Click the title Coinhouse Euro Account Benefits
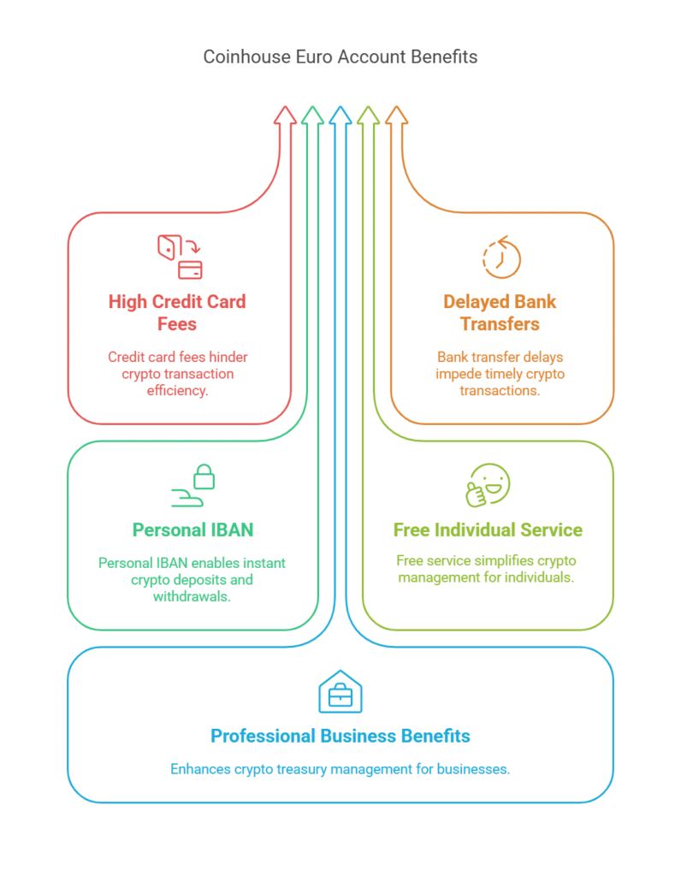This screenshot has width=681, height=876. tap(340, 57)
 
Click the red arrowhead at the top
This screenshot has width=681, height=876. tap(286, 115)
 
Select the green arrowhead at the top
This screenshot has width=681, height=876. tap(313, 115)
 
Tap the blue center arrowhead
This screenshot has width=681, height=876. tap(340, 115)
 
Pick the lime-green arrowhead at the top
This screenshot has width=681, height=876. tap(368, 115)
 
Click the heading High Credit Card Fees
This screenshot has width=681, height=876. tap(177, 313)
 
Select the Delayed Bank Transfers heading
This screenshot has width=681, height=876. tap(500, 313)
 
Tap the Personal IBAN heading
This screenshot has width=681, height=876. tap(192, 530)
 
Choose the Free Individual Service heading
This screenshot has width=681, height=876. tap(488, 530)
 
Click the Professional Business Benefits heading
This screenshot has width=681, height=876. tap(340, 736)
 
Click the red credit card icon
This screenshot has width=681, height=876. tap(180, 257)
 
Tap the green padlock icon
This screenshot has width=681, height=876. tap(193, 485)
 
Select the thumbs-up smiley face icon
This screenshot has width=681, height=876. tap(488, 485)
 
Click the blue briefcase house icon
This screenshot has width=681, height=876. tap(340, 692)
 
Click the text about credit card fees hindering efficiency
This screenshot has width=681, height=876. tap(177, 374)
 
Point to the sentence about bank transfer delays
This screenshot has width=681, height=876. tap(500, 374)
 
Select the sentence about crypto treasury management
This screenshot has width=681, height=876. tap(340, 768)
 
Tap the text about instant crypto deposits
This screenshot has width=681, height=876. tap(192, 579)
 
